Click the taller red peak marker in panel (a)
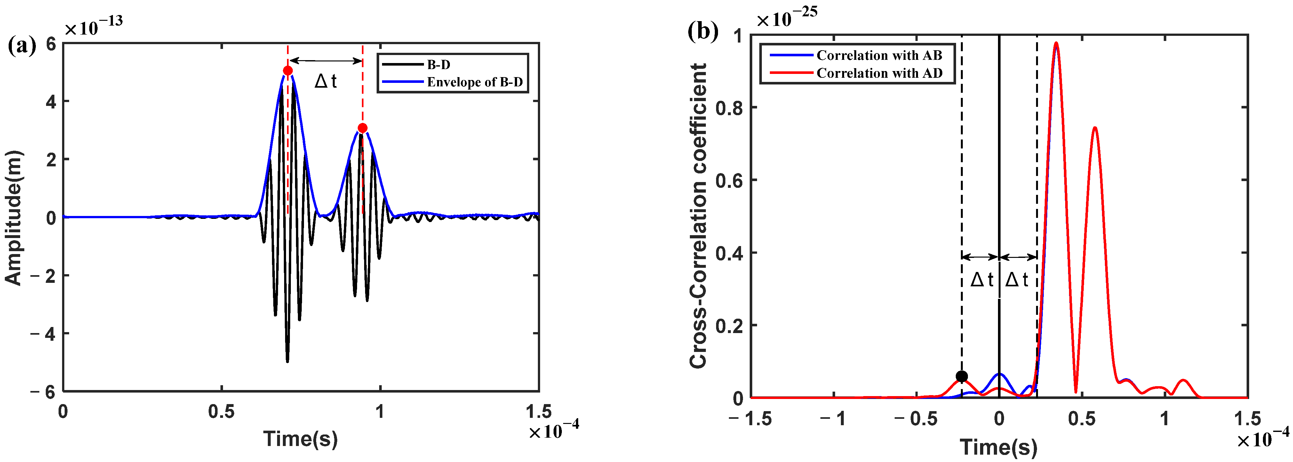point(288,71)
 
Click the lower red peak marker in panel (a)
point(363,128)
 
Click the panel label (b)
point(703,32)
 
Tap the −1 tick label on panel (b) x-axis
point(833,418)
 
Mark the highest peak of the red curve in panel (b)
point(1057,43)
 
